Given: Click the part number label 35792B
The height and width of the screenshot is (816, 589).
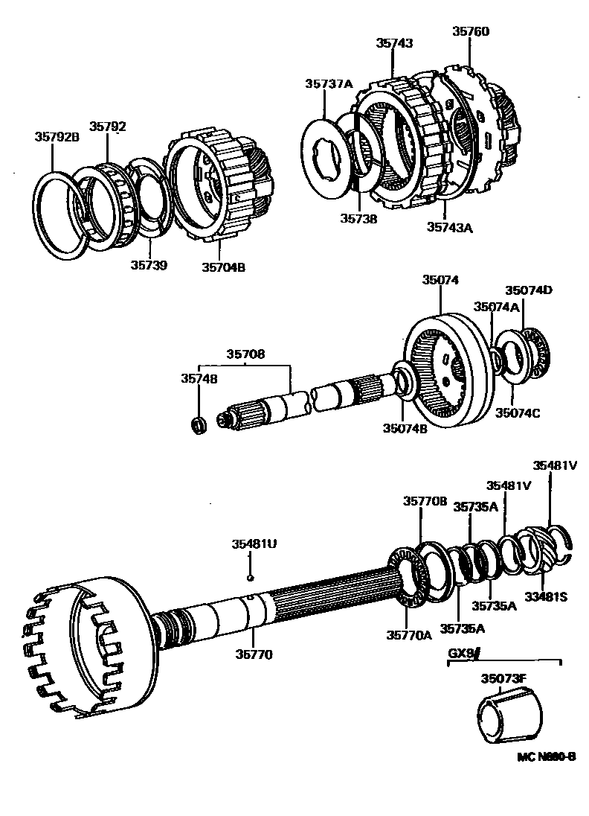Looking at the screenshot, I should pyautogui.click(x=56, y=136).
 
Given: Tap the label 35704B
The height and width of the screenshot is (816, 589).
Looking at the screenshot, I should pyautogui.click(x=223, y=266).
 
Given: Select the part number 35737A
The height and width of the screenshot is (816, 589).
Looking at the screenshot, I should pyautogui.click(x=328, y=83).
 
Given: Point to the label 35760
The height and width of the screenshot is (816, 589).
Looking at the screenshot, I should pyautogui.click(x=471, y=31).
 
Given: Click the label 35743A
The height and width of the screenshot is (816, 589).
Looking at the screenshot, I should pyautogui.click(x=450, y=228).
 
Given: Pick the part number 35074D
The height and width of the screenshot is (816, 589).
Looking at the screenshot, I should pyautogui.click(x=529, y=290).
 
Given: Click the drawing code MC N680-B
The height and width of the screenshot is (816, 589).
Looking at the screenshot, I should pyautogui.click(x=546, y=756).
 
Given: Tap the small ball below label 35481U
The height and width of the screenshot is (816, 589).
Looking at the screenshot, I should pyautogui.click(x=251, y=576).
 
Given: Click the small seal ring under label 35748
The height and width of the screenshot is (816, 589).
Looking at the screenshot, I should pyautogui.click(x=199, y=425).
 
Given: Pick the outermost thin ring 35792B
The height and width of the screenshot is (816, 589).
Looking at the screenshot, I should pyautogui.click(x=59, y=217).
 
